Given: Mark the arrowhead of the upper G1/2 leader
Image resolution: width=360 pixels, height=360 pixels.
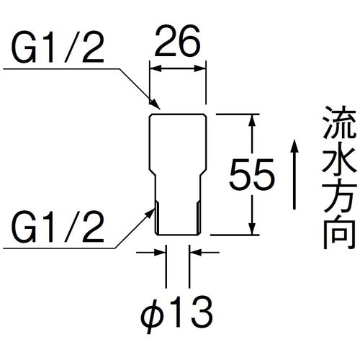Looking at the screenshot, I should pos(153,105).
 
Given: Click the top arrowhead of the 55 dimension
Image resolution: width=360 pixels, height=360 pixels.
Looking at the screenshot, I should pos(252,120).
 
